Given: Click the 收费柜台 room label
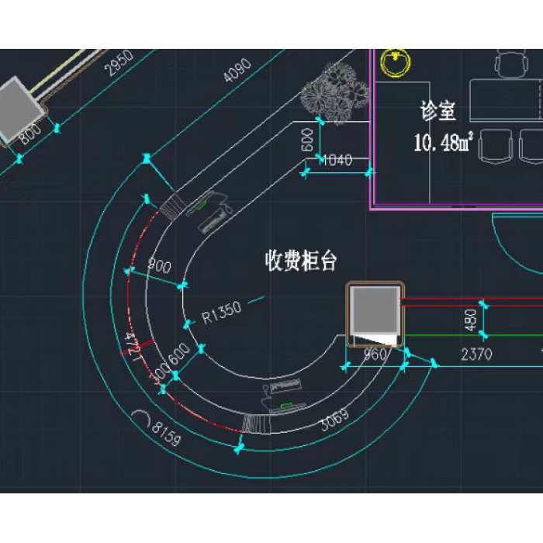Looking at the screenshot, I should [301, 261].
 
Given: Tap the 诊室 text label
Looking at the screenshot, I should [438, 111].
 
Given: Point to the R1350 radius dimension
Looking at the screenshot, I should [222, 312].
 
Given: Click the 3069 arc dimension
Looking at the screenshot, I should [334, 419].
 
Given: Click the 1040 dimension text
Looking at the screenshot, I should [335, 161].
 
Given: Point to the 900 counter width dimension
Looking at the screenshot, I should [159, 266].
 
